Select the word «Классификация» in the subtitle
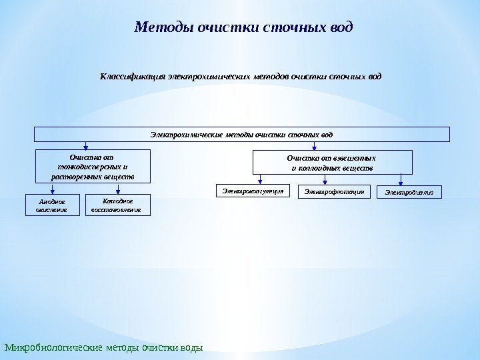coord(132,76)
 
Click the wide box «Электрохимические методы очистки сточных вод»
coord(241,135)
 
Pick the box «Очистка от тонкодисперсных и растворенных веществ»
coord(93,167)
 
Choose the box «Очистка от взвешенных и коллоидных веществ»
coord(332,163)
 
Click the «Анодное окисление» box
coord(51,205)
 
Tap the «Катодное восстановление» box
coord(119,205)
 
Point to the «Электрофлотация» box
coord(335,192)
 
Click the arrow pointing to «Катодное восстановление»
coord(118,189)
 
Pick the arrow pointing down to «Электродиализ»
coord(401,179)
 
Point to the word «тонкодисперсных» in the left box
coord(89,167)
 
